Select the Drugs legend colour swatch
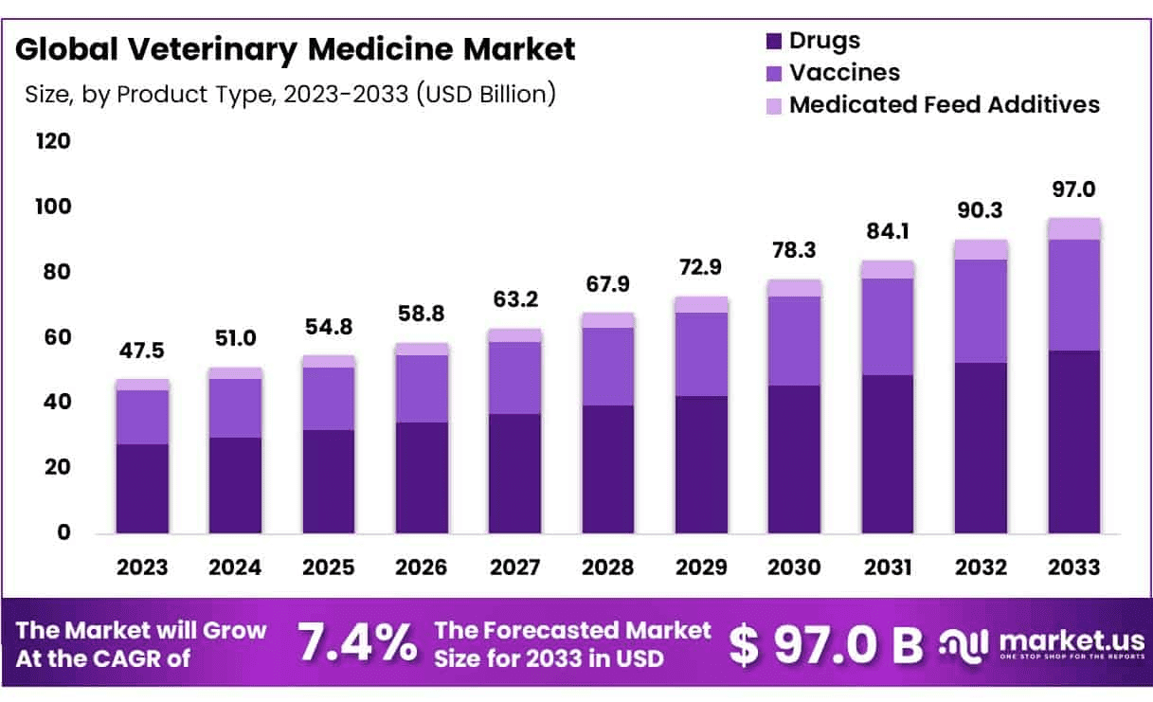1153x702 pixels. pyautogui.click(x=773, y=41)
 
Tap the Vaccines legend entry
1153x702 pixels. pyautogui.click(x=844, y=72)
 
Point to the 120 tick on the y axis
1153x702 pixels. pyautogui.click(x=53, y=142)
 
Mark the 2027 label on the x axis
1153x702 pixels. pyautogui.click(x=514, y=567)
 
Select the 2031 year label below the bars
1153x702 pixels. pyautogui.click(x=888, y=567)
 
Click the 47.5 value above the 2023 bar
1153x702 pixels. pyautogui.click(x=142, y=351)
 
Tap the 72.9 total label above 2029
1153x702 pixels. pyautogui.click(x=701, y=267)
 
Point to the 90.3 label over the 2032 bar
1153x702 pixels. pyautogui.click(x=981, y=208)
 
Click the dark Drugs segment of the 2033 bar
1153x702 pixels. pyautogui.click(x=1073, y=441)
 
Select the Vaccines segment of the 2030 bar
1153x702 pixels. pyautogui.click(x=794, y=341)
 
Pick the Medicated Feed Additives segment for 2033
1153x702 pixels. pyautogui.click(x=1073, y=228)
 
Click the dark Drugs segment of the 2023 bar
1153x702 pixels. pyautogui.click(x=142, y=488)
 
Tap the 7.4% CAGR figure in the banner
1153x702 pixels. pyautogui.click(x=357, y=644)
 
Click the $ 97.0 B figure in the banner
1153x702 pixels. pyautogui.click(x=825, y=644)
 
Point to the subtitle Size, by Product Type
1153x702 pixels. pyautogui.click(x=289, y=95)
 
